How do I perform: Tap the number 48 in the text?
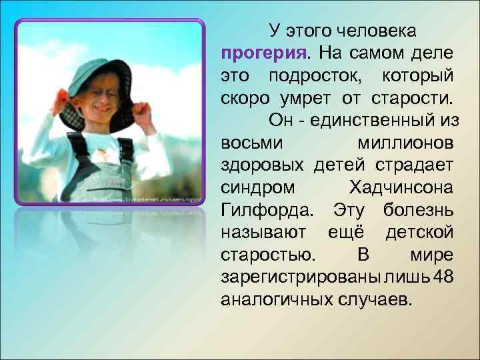[x=441, y=277]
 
